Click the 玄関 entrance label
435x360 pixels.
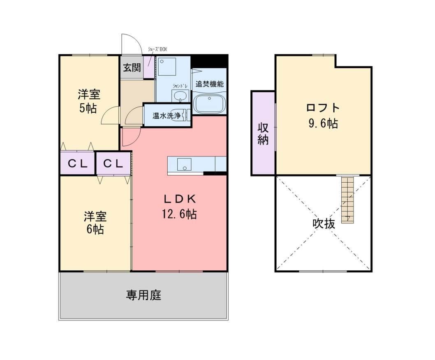pos(132,67)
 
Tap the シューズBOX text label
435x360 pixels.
pos(157,49)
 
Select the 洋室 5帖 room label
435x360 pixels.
pos(89,101)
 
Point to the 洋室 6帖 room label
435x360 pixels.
pos(95,223)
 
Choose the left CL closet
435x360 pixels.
pos(78,163)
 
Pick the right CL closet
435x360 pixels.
pos(113,163)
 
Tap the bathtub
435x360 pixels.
pos(209,104)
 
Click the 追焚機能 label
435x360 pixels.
pos(209,84)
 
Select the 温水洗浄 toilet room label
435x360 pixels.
pos(167,116)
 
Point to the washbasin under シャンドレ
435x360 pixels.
pos(180,96)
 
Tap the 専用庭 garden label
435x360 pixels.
pos(144,295)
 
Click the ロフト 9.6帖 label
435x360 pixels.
pos(323,115)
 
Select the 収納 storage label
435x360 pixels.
pos(263,133)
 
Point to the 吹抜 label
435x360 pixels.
pos(324,223)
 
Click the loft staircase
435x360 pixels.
pos(348,199)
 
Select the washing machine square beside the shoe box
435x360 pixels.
pos(167,66)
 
